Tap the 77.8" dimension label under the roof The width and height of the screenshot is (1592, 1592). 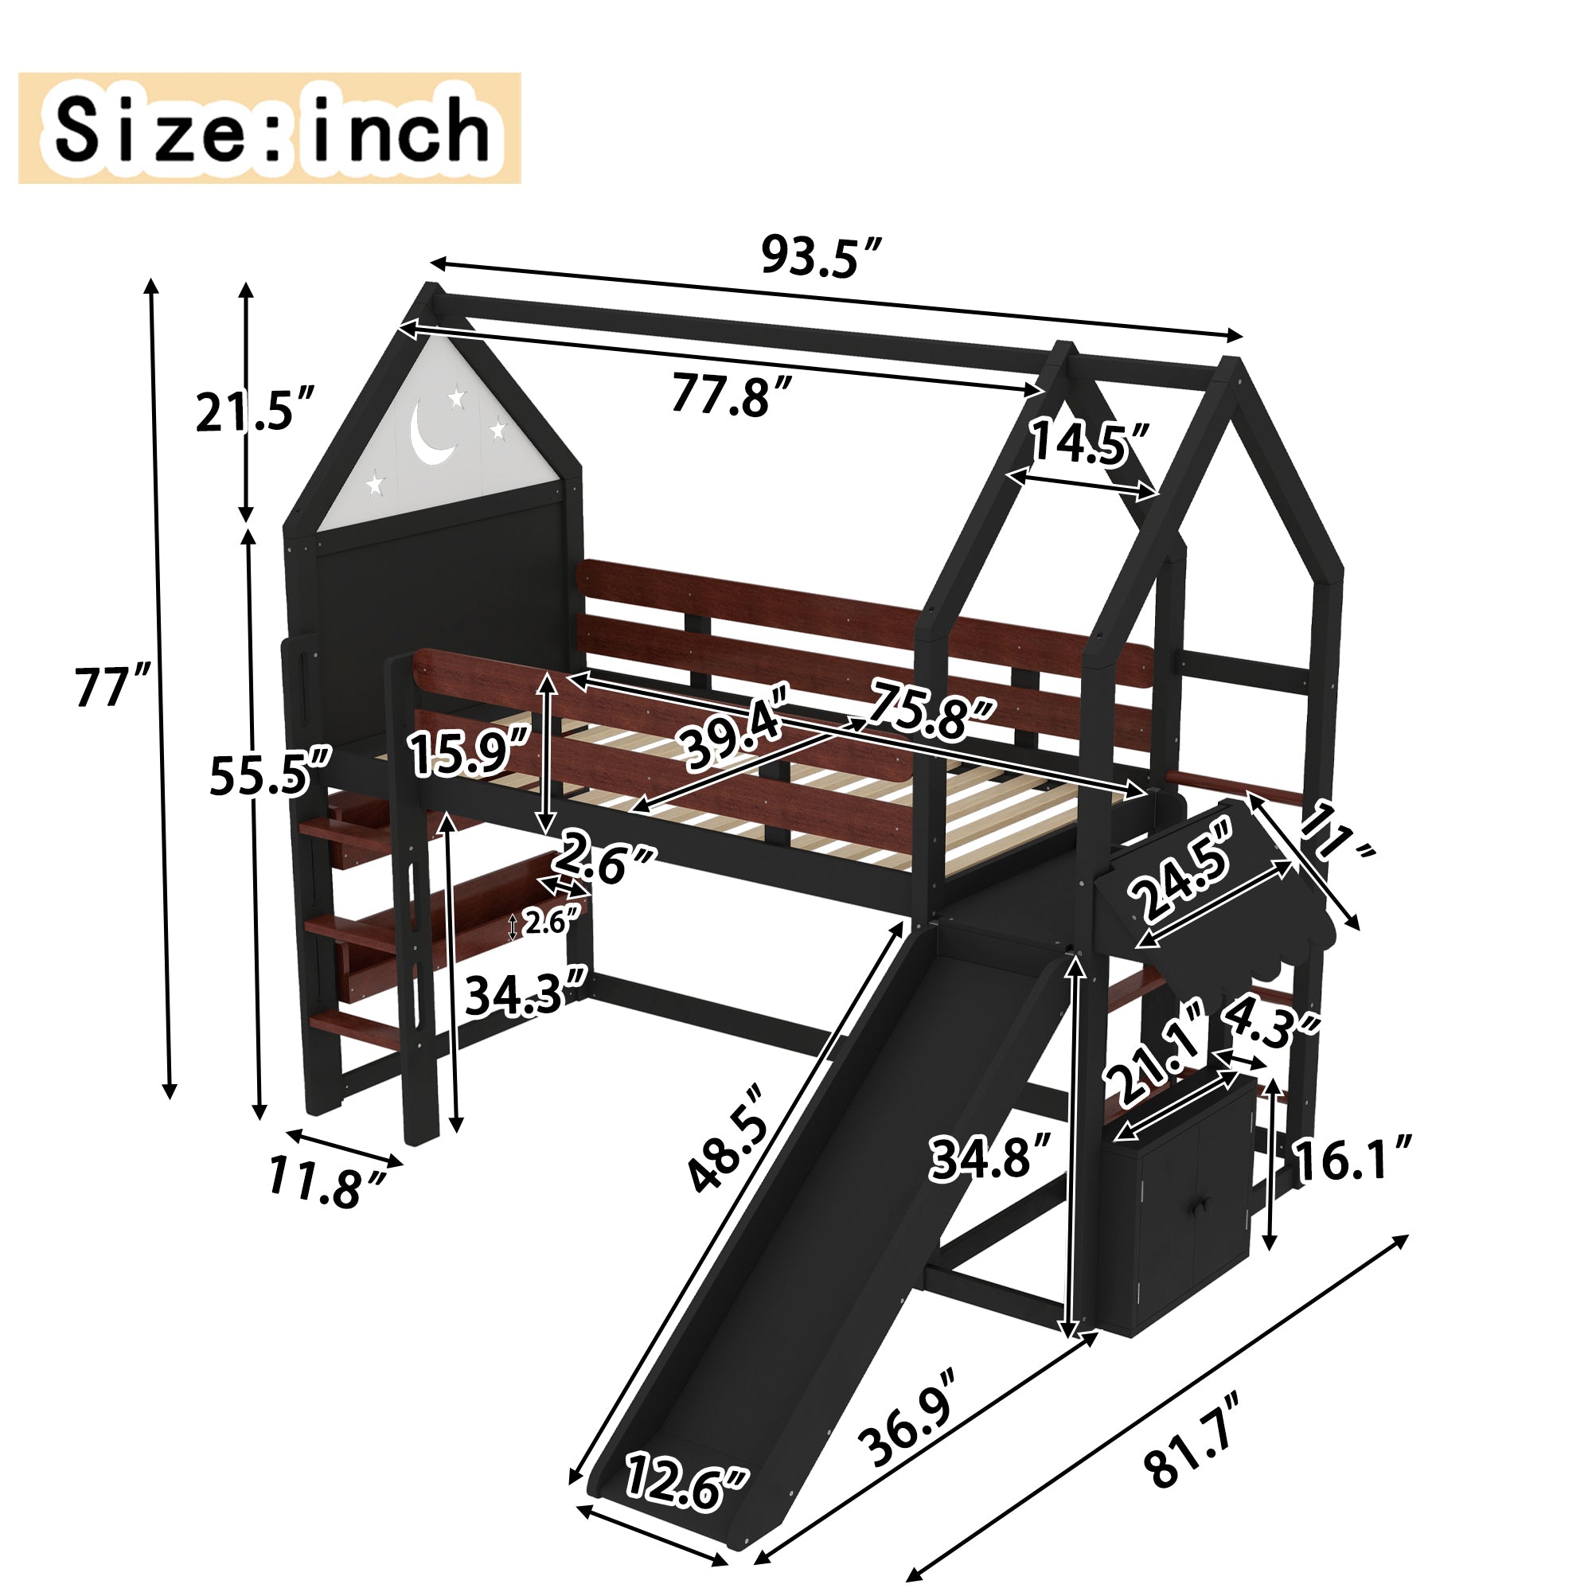(732, 394)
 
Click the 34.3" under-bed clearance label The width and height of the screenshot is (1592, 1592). (525, 993)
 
